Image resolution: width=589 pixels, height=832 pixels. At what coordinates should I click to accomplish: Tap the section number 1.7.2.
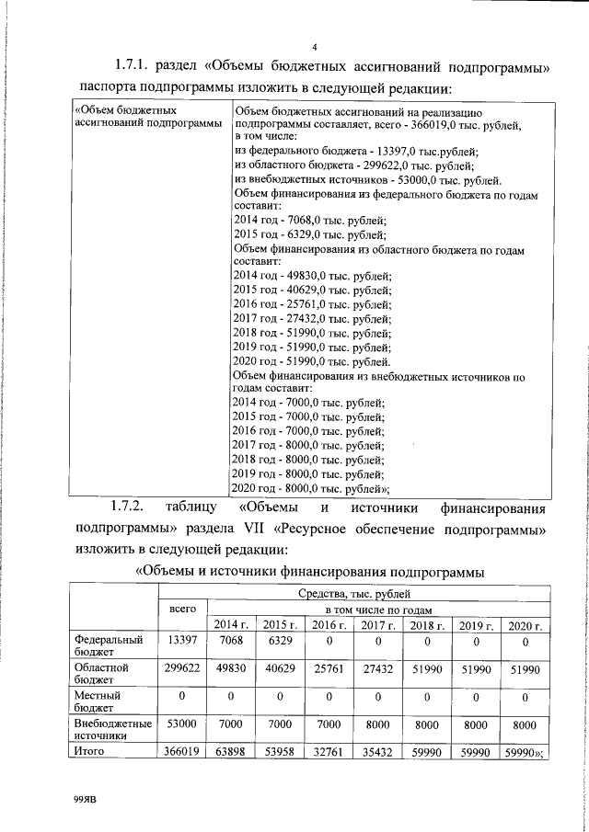point(131,507)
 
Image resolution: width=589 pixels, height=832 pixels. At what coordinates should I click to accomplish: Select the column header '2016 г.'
point(327,625)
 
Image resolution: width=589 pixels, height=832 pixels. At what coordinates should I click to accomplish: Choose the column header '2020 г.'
point(525,625)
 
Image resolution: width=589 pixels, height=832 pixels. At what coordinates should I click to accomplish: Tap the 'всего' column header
point(183,609)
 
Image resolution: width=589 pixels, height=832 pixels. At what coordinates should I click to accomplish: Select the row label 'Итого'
point(87,751)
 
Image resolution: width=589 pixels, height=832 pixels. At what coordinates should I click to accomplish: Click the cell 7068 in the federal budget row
point(228,640)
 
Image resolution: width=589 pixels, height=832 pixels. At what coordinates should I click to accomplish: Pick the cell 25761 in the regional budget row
point(327,667)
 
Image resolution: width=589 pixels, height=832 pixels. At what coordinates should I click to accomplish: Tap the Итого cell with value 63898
point(228,752)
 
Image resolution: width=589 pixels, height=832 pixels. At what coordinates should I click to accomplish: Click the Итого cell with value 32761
point(327,752)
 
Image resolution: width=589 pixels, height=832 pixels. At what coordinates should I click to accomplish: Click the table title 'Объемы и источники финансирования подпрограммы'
point(310,573)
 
